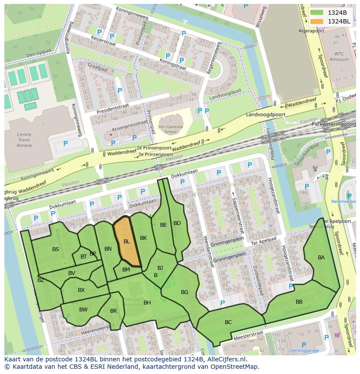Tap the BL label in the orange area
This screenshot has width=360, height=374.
(x=127, y=242)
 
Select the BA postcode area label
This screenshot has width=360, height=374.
(x=321, y=258)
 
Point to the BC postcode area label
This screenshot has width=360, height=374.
(x=228, y=322)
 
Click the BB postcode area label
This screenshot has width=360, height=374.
(x=299, y=302)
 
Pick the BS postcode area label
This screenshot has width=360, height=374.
(x=56, y=249)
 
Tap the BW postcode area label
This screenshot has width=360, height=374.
(x=83, y=310)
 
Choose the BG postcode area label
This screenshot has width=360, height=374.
(x=185, y=292)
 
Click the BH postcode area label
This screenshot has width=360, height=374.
(x=147, y=303)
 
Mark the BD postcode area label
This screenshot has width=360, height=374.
(x=177, y=223)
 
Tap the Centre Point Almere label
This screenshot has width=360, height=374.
(x=24, y=140)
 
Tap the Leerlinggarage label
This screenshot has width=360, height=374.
(x=304, y=351)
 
